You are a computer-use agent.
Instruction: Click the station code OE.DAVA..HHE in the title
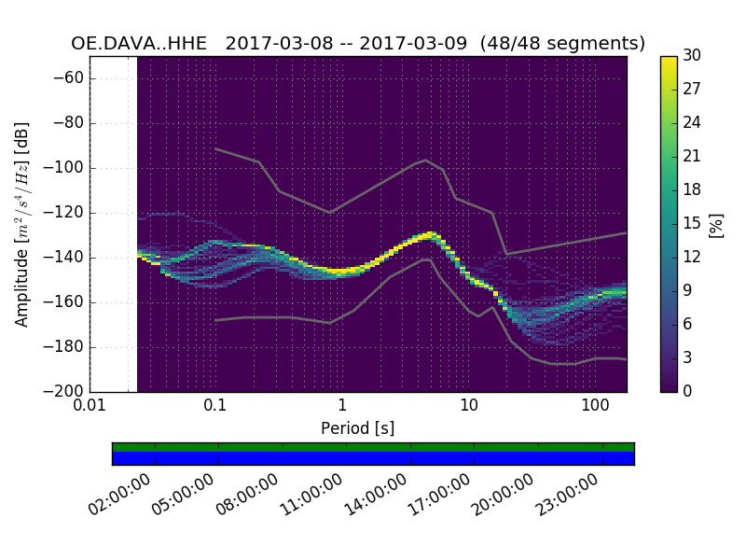139,44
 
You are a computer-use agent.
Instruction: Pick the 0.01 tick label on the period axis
90,407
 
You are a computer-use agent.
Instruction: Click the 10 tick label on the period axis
469,407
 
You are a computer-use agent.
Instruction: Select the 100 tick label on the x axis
595,407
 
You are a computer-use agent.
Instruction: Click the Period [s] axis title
357,428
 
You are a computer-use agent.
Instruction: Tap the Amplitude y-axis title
22,224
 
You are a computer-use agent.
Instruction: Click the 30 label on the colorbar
691,56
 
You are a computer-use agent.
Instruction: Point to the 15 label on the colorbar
691,223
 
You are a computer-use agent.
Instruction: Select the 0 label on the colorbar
688,391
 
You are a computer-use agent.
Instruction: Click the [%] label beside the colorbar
716,224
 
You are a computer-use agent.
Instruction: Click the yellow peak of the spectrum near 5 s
431,233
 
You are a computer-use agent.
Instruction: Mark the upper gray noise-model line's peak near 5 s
426,160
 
